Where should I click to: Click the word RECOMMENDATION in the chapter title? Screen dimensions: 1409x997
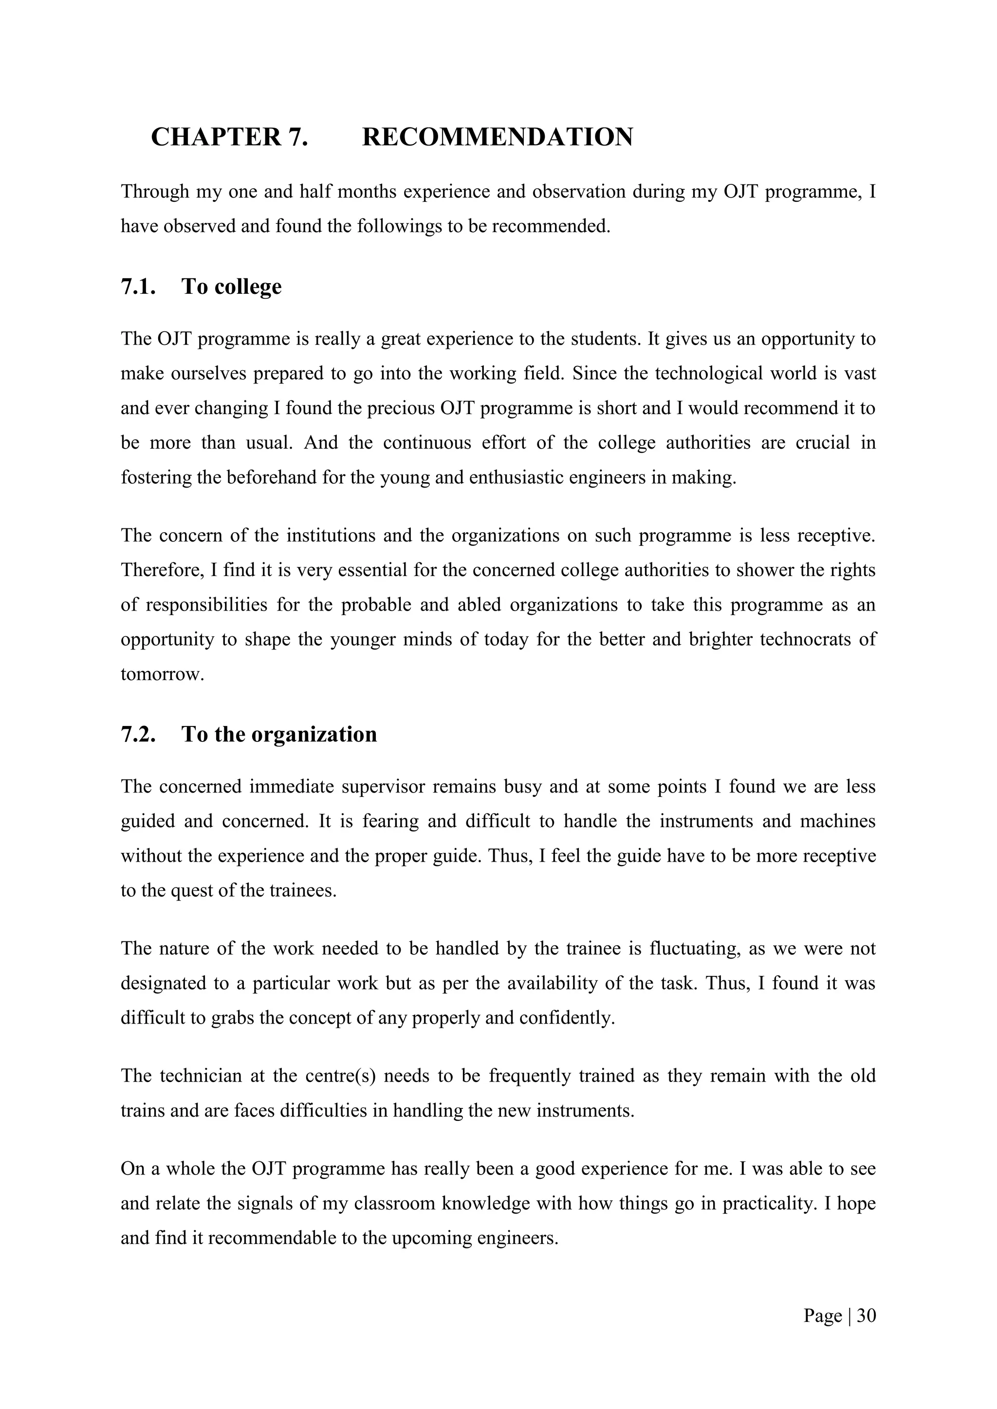[497, 137]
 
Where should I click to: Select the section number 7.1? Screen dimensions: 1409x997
[138, 287]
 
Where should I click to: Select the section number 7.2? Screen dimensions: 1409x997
[138, 735]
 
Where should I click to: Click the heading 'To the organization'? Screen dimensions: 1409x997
[279, 735]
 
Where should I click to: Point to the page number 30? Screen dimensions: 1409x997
[866, 1316]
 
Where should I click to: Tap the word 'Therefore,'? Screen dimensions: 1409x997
[163, 570]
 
